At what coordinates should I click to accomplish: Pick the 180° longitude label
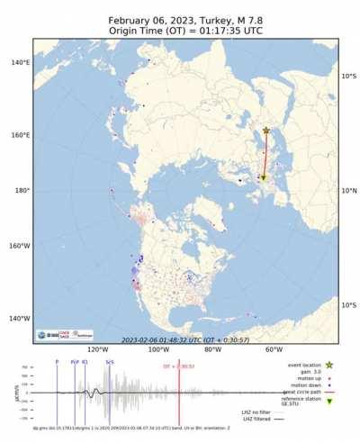[x=22, y=191]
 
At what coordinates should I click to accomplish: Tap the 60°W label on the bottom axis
[x=274, y=350]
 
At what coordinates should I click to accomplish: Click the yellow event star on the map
[x=266, y=131]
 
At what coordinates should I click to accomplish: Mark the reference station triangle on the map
[x=263, y=178]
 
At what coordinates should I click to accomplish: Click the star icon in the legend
[x=329, y=365]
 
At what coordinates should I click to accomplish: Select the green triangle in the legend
[x=329, y=401]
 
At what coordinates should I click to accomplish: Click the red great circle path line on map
[x=265, y=155]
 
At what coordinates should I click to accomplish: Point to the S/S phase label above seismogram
[x=110, y=362]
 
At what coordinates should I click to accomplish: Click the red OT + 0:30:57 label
[x=179, y=366]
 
